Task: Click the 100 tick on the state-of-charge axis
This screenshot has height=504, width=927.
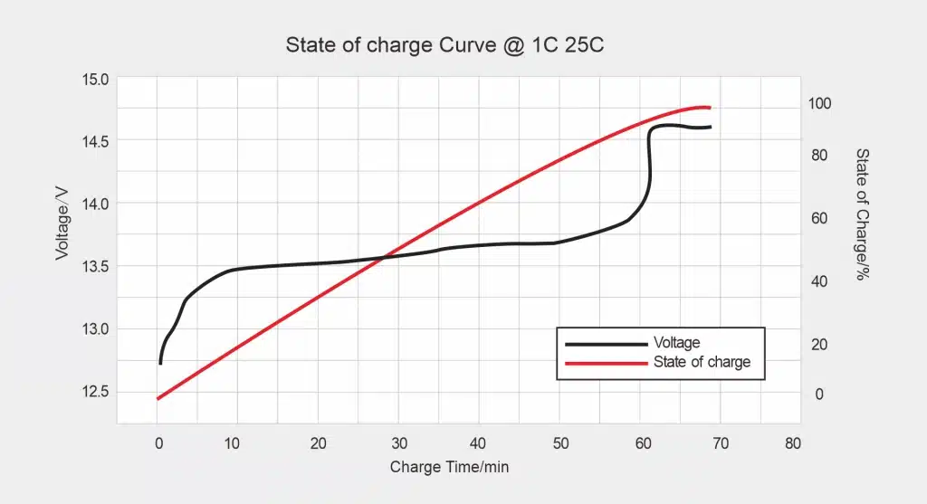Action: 820,104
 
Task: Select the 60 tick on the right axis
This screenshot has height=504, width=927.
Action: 818,218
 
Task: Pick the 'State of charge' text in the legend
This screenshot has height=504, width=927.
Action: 702,362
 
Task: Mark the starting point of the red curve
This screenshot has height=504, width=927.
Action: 158,398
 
